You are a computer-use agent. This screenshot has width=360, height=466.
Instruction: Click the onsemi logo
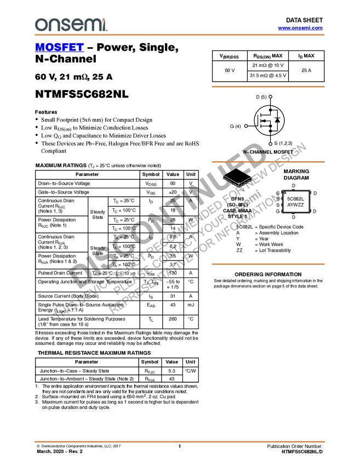pos(70,25)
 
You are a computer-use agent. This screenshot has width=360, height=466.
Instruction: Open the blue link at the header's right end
pos(300,28)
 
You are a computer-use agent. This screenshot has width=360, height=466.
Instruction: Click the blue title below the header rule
pos(59,47)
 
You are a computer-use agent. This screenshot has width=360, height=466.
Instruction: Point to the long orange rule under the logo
pos(179,35)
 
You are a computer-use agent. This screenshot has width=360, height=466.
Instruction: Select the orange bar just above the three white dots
pos(268,87)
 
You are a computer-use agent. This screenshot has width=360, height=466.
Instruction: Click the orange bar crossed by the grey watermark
pos(268,162)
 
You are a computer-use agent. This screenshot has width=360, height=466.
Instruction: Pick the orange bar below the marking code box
pos(268,264)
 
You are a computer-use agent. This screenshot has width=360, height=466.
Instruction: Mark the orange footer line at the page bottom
pos(179,441)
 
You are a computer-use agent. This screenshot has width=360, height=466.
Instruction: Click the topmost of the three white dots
pos(271,96)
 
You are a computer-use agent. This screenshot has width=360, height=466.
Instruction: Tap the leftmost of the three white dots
pos(246,126)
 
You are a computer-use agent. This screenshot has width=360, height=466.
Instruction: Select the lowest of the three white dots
pos(271,144)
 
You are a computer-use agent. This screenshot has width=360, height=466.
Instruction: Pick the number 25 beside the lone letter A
pos(173,201)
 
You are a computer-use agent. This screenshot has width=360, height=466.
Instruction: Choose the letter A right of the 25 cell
pos(190,201)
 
